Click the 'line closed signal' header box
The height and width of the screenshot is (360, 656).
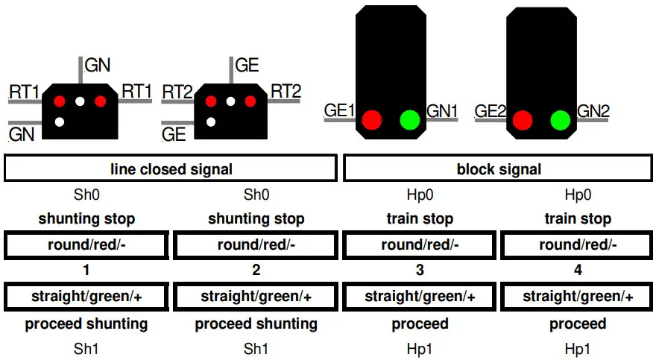pos(171,169)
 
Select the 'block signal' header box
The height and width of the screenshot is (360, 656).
pos(499,169)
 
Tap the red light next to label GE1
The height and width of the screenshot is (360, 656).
pos(371,119)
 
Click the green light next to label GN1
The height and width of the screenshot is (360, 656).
pos(410,119)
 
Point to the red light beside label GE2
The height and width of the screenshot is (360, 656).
pos(523,119)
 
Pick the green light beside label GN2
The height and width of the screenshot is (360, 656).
pos(561,119)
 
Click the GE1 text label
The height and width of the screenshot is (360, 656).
pos(340,111)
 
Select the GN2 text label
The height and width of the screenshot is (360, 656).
pos(593,111)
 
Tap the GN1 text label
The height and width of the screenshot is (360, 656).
pos(442,111)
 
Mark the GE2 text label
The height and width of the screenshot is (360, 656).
pos(491,111)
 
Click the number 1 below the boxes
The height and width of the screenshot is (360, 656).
pos(86,271)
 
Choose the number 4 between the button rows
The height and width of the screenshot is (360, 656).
pos(578,271)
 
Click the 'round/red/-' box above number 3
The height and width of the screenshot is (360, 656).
pos(420,245)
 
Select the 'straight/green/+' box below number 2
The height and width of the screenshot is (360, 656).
pos(256,297)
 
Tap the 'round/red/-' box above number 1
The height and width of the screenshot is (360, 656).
pos(86,245)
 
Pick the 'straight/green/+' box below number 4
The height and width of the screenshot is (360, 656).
pos(578,297)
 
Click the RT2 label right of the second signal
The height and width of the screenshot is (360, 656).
pos(286,91)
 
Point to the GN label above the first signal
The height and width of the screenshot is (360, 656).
pos(98,65)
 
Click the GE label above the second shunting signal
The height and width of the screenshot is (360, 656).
pos(247,65)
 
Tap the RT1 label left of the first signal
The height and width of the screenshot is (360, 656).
pos(24,92)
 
